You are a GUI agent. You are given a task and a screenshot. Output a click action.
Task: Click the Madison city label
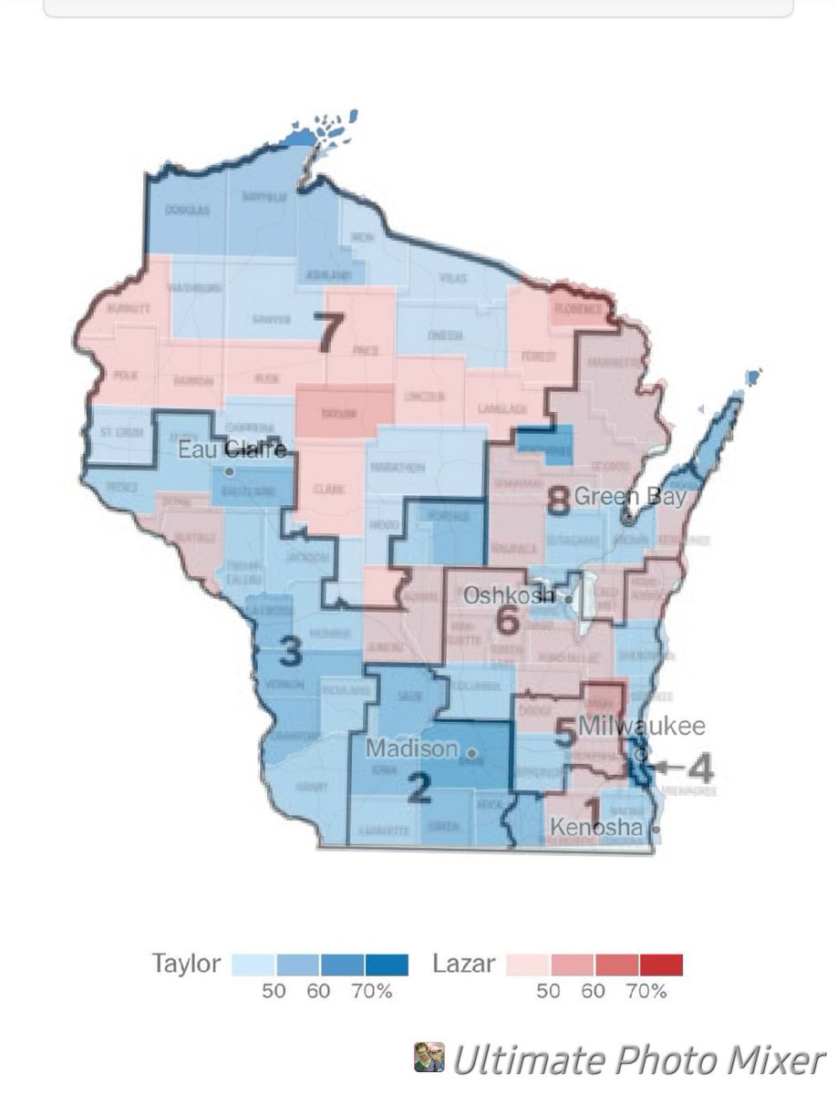411,748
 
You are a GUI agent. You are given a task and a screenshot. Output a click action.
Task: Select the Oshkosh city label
508,595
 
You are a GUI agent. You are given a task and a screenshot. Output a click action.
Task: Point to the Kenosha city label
596,828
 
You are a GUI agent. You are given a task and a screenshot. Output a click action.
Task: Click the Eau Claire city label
232,449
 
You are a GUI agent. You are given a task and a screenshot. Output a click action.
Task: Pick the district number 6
507,622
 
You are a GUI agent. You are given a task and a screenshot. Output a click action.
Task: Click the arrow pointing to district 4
668,768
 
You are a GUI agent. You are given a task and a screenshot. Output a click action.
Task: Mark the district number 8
558,500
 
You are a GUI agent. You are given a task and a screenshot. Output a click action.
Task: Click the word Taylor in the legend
185,965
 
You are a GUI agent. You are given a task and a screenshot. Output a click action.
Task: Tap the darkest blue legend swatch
387,965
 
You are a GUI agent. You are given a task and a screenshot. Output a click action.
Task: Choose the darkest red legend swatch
661,965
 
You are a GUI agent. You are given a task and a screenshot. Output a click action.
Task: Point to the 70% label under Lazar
646,991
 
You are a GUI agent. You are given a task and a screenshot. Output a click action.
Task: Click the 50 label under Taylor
274,991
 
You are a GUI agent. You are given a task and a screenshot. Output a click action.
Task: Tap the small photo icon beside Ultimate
429,1058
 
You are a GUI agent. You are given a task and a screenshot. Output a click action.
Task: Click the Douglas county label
188,211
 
